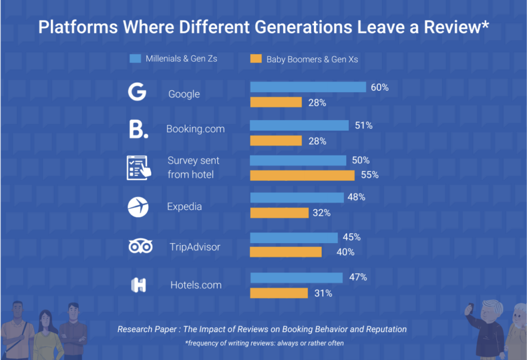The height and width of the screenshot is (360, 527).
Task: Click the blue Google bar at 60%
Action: [308, 87]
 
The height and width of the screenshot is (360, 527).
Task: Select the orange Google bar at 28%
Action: [276, 102]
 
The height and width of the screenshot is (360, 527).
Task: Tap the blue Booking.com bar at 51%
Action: [299, 125]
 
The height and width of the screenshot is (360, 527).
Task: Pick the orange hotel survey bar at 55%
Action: [302, 175]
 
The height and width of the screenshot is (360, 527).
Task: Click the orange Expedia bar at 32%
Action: [279, 212]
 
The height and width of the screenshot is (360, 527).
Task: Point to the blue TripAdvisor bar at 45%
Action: [293, 237]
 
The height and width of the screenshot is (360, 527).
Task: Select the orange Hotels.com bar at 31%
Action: [278, 293]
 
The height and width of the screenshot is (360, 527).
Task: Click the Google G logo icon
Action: [137, 93]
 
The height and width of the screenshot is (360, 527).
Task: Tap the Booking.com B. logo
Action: [138, 129]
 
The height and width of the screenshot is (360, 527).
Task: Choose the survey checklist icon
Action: [138, 167]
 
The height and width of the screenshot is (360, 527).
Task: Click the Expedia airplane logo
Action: [138, 207]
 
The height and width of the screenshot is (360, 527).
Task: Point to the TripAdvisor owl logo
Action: [140, 247]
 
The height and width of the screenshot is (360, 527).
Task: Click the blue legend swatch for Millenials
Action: [135, 58]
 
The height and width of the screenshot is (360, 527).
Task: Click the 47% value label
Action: [358, 277]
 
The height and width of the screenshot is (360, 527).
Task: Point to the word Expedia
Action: [184, 207]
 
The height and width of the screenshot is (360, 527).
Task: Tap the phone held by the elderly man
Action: [468, 309]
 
